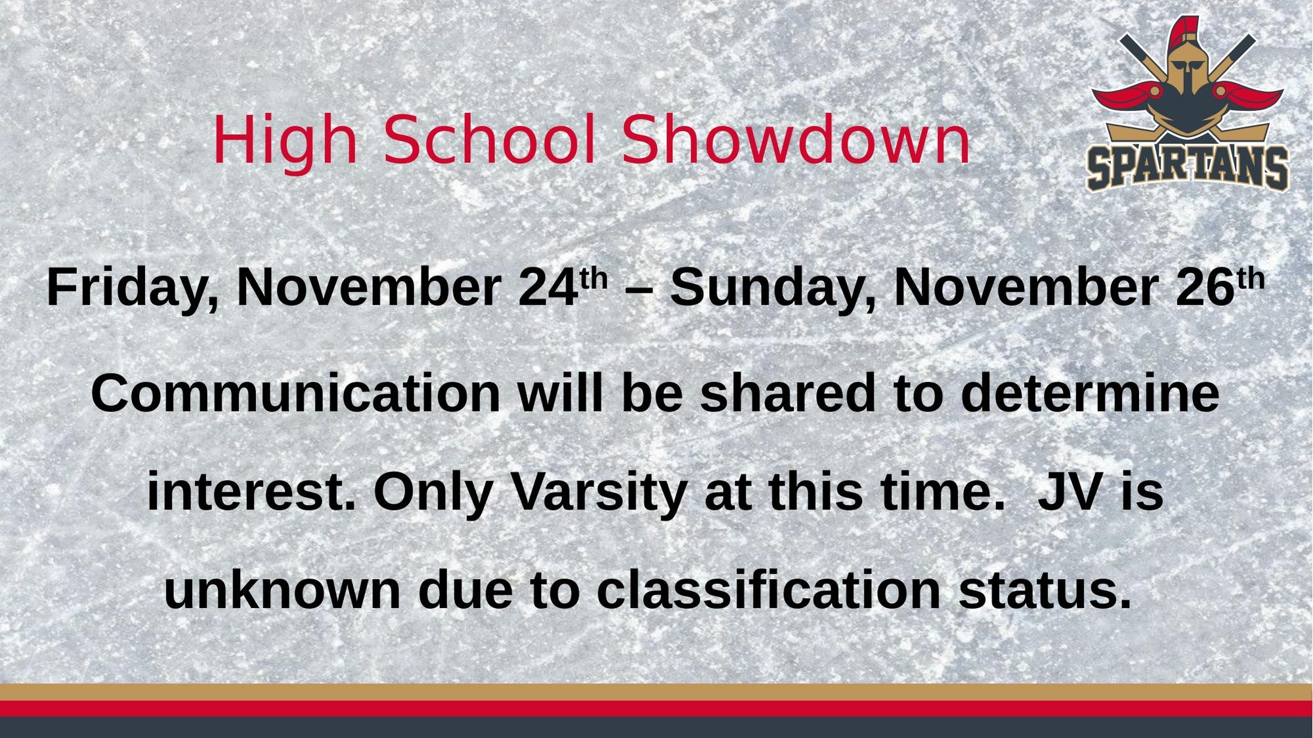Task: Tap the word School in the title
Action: [x=490, y=139]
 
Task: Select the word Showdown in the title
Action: [x=796, y=139]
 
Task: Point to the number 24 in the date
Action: [x=548, y=288]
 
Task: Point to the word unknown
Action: [x=282, y=590]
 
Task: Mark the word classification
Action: [x=769, y=590]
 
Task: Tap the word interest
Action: [x=251, y=492]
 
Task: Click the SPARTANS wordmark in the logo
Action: [x=1188, y=168]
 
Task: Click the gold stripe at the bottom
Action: [x=656, y=692]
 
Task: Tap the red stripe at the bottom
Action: [x=656, y=709]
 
